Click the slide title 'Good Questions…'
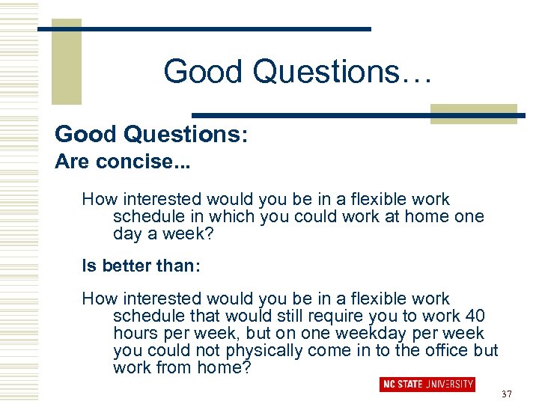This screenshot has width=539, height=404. coord(297,72)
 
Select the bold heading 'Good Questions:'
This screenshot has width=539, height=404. coord(151,135)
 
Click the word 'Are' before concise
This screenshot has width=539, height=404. coord(70,162)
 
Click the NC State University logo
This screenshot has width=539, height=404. coord(427,384)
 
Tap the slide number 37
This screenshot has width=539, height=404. coord(507,394)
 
